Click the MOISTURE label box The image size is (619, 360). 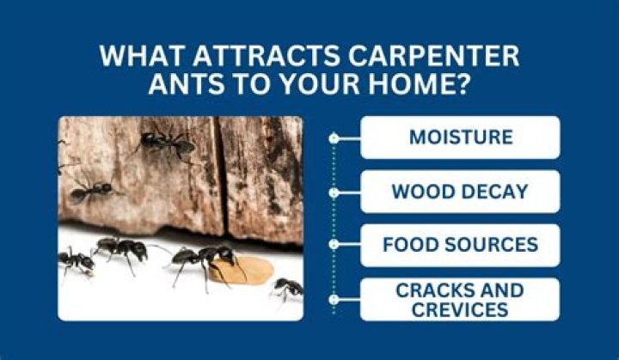[x=460, y=137]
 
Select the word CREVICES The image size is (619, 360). [x=460, y=308]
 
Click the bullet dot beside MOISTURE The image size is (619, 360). [x=334, y=137]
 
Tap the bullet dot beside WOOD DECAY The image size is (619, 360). [x=334, y=192]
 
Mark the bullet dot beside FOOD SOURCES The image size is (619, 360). [x=334, y=246]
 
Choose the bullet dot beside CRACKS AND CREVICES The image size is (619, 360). [x=334, y=299]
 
